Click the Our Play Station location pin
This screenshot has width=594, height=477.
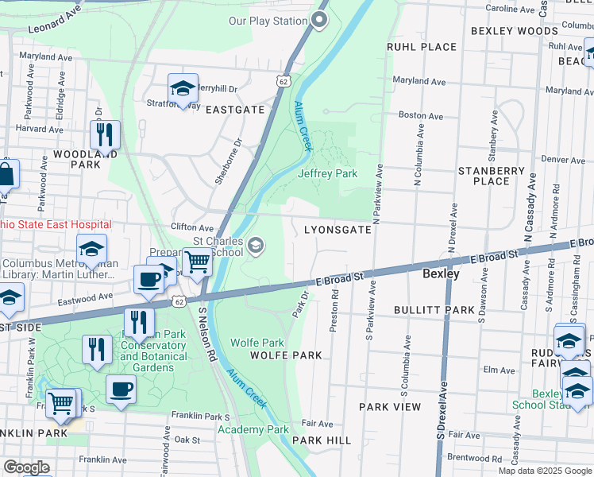pos(319,20)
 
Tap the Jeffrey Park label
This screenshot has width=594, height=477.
pos(327,173)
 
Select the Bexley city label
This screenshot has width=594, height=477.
pos(441,273)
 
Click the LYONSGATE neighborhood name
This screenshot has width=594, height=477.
pos(338,230)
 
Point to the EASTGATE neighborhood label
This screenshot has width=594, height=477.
pos(235,110)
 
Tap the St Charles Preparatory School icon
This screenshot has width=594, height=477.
pos(256,244)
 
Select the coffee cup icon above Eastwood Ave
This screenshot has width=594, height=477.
pos(148,279)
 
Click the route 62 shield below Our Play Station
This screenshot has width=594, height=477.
pos(283,80)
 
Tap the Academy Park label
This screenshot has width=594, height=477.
pos(253,429)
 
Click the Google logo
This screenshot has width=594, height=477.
pos(26,467)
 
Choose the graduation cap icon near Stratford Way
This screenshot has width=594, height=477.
pos(183,87)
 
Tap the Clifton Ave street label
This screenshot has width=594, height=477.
pos(193,227)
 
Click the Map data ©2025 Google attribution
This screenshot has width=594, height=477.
pos(544,471)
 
